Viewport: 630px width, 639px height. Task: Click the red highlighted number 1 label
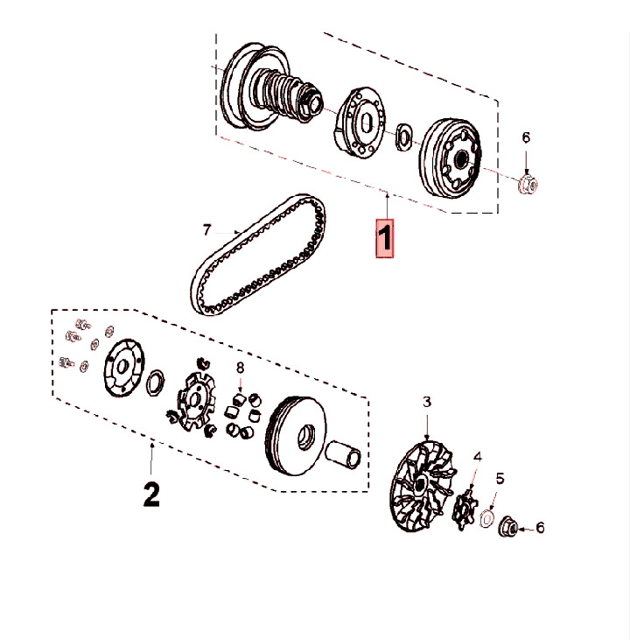coord(384,238)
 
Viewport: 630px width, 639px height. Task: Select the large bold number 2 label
coord(151,495)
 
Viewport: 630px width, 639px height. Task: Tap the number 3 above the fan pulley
coord(426,402)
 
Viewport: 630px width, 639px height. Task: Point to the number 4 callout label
coord(477,457)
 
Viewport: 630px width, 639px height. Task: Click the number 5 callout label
coord(500,479)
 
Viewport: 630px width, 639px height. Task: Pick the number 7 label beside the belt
coord(206,230)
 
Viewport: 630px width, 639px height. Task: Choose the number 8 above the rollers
coord(241,368)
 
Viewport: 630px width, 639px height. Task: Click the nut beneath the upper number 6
coord(528,185)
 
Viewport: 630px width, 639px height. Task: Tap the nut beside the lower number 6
coord(508,527)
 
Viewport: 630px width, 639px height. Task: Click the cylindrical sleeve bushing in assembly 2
coord(343,454)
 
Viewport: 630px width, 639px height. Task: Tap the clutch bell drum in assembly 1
coord(450,158)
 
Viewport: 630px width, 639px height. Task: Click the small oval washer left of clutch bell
coord(403,136)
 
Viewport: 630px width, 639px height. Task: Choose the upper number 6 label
coord(526,137)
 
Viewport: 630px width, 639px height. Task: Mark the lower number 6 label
coord(540,528)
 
